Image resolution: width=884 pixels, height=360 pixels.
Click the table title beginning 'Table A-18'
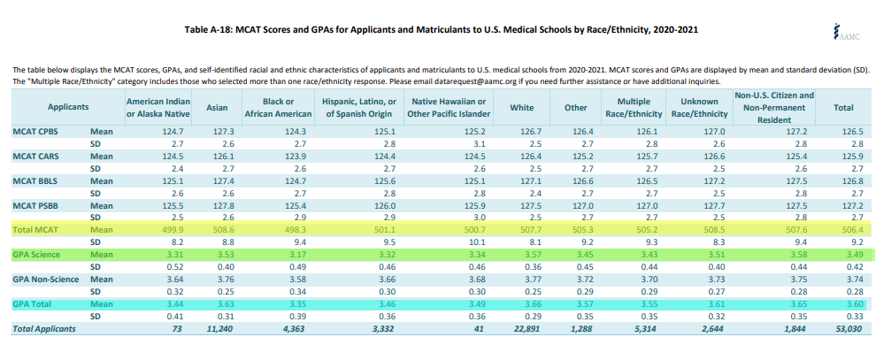442,30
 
